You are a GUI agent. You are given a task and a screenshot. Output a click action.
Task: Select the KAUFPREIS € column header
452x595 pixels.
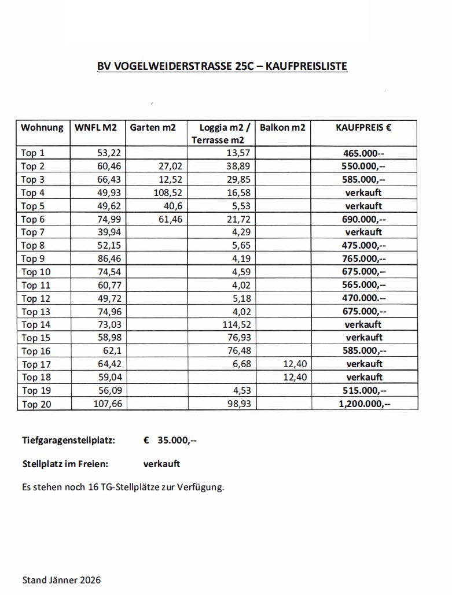363,127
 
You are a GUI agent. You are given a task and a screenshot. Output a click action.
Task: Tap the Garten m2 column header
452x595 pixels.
153,127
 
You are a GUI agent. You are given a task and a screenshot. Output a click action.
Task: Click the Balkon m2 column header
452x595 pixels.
282,127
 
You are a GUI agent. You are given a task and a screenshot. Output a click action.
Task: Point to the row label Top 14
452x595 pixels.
36,324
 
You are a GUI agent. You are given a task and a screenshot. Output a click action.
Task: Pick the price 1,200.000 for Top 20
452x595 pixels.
364,404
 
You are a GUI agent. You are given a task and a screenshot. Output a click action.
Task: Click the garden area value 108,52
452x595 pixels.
168,193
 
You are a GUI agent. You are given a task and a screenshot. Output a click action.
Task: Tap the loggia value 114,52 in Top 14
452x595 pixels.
237,324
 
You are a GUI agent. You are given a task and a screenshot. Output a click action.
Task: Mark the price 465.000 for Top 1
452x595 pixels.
363,153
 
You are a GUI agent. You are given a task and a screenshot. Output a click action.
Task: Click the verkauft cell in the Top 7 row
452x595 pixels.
363,232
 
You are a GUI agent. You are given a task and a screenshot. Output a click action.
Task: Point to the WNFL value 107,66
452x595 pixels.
108,404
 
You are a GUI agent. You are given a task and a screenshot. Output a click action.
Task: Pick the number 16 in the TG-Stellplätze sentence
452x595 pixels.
95,487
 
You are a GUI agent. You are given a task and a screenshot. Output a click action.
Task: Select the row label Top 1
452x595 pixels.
33,153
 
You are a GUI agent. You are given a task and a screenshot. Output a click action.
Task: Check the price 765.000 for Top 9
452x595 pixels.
363,258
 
